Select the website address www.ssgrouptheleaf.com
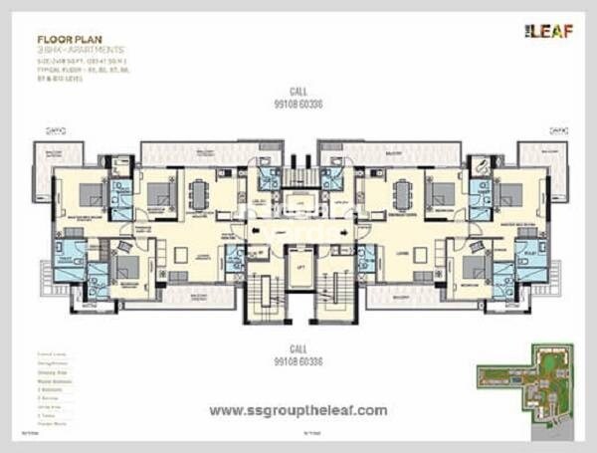point(298,409)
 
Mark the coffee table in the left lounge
point(180,255)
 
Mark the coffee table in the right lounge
point(420,255)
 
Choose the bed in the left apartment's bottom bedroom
point(126,268)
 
